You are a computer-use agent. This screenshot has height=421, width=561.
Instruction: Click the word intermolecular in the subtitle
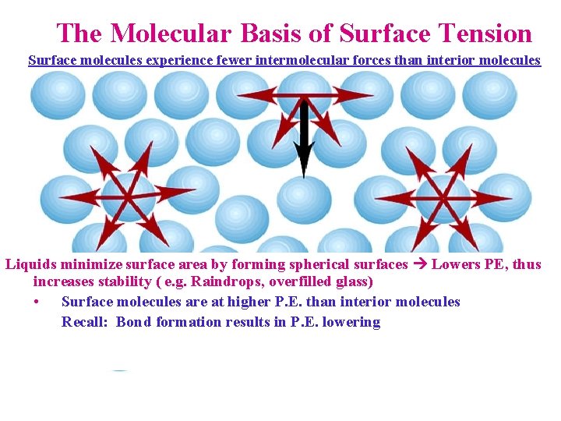[286, 60]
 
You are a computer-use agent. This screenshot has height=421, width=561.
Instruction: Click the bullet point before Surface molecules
[37, 302]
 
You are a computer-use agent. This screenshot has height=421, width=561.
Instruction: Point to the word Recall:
[86, 322]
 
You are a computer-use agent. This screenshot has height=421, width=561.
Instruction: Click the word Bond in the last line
[134, 322]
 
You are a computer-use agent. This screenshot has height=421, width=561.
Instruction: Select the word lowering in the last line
[351, 322]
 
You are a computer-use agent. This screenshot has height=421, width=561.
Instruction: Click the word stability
[127, 281]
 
